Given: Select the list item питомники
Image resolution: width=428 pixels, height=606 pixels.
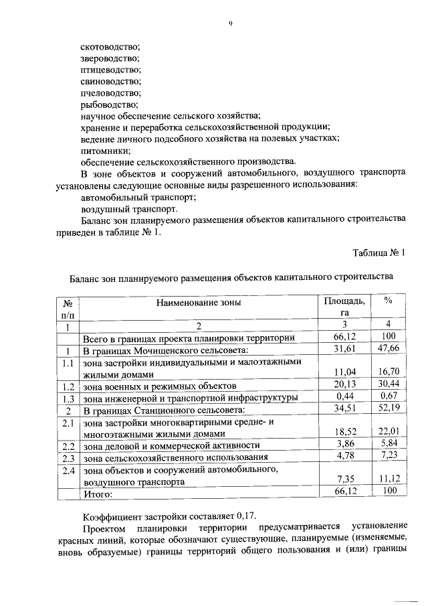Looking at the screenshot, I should pyautogui.click(x=104, y=150).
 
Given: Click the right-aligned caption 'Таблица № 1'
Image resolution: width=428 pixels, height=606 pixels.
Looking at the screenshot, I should pyautogui.click(x=378, y=252).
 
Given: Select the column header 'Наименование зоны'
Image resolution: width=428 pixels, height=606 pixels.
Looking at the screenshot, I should pyautogui.click(x=199, y=303).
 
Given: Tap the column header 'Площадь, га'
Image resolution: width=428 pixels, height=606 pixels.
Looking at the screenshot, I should pyautogui.click(x=345, y=307).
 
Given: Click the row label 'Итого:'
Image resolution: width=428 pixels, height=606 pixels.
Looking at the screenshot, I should pyautogui.click(x=97, y=494).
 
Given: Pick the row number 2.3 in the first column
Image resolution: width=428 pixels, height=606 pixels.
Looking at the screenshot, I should pyautogui.click(x=67, y=458).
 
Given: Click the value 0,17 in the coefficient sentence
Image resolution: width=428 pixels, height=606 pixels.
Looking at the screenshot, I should pyautogui.click(x=245, y=517).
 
